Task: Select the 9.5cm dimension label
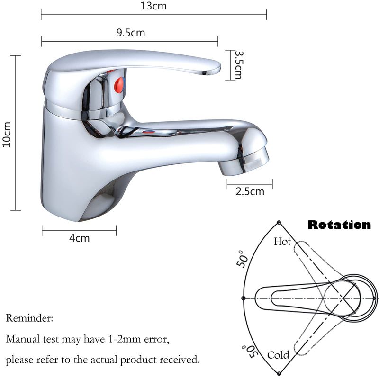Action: pos(130,33)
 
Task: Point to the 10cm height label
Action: pos(7,135)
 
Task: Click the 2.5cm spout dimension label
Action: pos(250,192)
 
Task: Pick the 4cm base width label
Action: pos(79,238)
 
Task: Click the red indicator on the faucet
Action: pos(120,83)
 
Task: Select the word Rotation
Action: pos(339,225)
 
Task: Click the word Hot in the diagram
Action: pos(282,242)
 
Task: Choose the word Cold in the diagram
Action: pos(278,355)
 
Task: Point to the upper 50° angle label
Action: pos(244,259)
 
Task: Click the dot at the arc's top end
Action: pos(279,222)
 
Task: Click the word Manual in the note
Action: pos(21,339)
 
